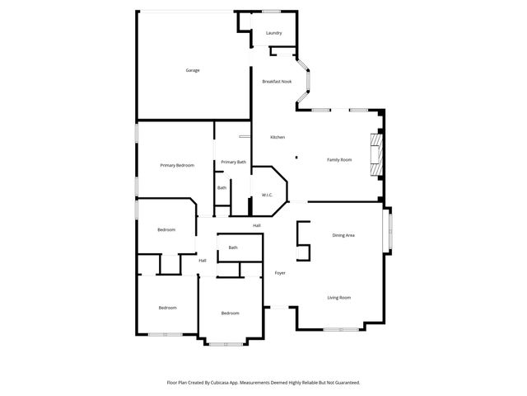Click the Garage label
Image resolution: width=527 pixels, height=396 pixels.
tap(192, 70)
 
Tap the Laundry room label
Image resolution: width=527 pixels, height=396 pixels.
tap(274, 33)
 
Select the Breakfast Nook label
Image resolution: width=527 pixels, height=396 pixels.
tap(277, 81)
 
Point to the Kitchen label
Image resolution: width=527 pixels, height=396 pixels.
tap(278, 136)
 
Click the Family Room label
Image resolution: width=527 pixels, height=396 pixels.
tap(339, 159)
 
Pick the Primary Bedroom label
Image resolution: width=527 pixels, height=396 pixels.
tap(177, 165)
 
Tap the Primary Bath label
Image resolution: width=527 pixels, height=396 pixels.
tap(233, 162)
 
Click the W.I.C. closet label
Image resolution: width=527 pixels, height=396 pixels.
tap(267, 195)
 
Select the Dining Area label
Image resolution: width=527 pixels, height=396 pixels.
tap(343, 235)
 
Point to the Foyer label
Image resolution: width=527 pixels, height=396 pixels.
tap(280, 272)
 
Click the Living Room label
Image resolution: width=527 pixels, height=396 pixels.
tap(339, 297)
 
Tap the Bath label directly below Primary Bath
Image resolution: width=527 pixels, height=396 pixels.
tap(222, 188)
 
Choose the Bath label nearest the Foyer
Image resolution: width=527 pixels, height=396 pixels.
tap(233, 247)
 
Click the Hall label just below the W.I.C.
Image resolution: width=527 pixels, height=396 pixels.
tap(257, 225)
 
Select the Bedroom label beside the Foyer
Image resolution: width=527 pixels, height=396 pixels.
tap(230, 313)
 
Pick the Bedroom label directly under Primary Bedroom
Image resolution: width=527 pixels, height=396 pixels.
tap(166, 229)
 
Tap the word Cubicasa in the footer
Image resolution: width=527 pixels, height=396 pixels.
tap(219, 382)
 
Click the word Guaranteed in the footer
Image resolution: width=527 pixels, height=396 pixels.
tap(343, 382)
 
